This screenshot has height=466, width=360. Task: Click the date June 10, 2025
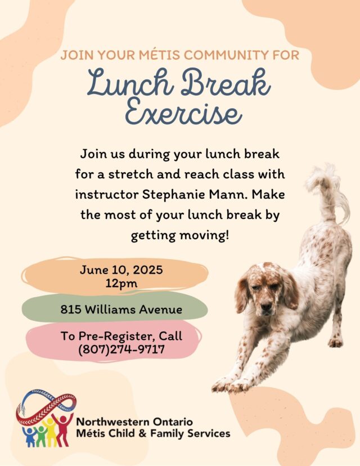tap(121, 270)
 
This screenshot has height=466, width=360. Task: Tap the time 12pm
tap(121, 283)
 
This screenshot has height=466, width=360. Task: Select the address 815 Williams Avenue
tap(121, 310)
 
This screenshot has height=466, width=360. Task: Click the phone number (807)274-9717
tap(121, 349)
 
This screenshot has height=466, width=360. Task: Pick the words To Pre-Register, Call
tap(121, 336)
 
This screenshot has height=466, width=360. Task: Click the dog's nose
tap(266, 306)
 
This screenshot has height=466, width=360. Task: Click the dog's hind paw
tap(335, 342)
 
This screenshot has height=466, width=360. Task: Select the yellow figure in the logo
tap(51, 432)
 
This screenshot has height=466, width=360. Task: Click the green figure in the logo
tap(40, 436)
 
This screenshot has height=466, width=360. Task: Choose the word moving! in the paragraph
tap(205, 235)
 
